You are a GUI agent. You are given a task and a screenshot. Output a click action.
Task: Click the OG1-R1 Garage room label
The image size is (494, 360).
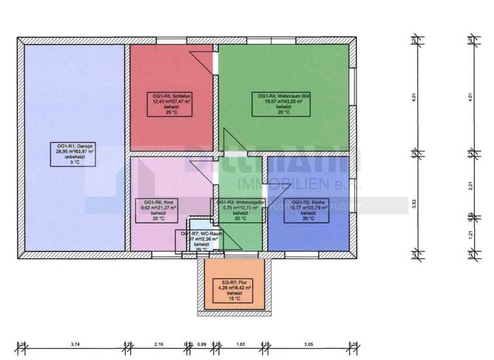(x=75, y=154)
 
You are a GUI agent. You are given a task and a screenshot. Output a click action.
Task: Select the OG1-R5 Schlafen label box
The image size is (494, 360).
(x=172, y=104)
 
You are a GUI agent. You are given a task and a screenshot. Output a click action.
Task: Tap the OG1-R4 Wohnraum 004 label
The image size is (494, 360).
(x=284, y=104)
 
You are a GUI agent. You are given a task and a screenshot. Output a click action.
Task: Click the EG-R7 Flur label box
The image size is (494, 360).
(x=233, y=291)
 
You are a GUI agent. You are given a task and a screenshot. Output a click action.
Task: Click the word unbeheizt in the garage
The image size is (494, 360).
(x=75, y=157)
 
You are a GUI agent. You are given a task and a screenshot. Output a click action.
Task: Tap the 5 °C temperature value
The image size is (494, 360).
(x=75, y=163)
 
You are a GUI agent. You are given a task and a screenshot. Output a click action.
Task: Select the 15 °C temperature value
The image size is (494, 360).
(x=233, y=299)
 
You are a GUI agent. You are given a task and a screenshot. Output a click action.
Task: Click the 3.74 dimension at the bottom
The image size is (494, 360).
(x=75, y=345)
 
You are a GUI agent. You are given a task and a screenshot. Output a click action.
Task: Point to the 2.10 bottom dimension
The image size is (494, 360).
(x=160, y=345)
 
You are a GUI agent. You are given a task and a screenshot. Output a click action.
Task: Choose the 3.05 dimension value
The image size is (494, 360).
(x=309, y=345)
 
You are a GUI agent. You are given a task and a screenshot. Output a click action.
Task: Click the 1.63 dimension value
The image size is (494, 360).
(x=241, y=345)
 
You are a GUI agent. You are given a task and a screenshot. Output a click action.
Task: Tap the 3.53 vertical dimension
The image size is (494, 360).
(x=415, y=204)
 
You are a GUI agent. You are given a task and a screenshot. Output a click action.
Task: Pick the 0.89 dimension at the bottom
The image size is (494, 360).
(x=203, y=345)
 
